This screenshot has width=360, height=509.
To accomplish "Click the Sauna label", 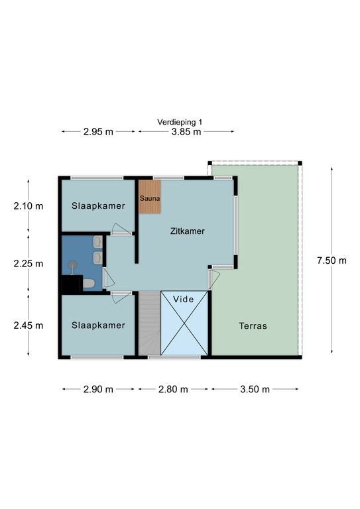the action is click(150, 198).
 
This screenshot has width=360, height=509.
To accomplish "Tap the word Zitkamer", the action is click(188, 231).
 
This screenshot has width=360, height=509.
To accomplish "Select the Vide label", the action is click(184, 300).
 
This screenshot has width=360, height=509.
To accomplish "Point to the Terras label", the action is click(253, 325).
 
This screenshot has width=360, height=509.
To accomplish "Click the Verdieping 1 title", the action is click(180, 122).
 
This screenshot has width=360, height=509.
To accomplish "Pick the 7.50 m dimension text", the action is click(331, 260).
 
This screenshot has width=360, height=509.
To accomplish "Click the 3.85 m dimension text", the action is click(186, 132).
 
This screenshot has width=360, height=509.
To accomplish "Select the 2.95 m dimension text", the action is click(98, 132).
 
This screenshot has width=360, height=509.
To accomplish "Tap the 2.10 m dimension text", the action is click(29, 206).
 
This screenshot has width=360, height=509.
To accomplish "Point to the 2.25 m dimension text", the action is click(29, 264).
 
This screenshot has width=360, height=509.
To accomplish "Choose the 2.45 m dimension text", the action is click(29, 325).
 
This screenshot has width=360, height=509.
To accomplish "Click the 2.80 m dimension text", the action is click(173, 389).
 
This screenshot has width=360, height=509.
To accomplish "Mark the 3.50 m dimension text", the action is click(255, 389).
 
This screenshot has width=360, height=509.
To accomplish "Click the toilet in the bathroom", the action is click(88, 283).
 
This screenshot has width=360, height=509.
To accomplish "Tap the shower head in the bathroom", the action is click(72, 265).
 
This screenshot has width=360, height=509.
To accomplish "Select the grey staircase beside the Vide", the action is click(150, 323).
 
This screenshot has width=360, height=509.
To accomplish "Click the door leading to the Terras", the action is click(213, 278).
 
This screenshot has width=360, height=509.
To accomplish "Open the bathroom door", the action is click(109, 278).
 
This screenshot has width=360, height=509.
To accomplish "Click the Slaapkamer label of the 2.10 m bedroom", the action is click(98, 206).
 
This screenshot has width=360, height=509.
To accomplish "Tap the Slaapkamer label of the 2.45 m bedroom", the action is click(98, 325).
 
